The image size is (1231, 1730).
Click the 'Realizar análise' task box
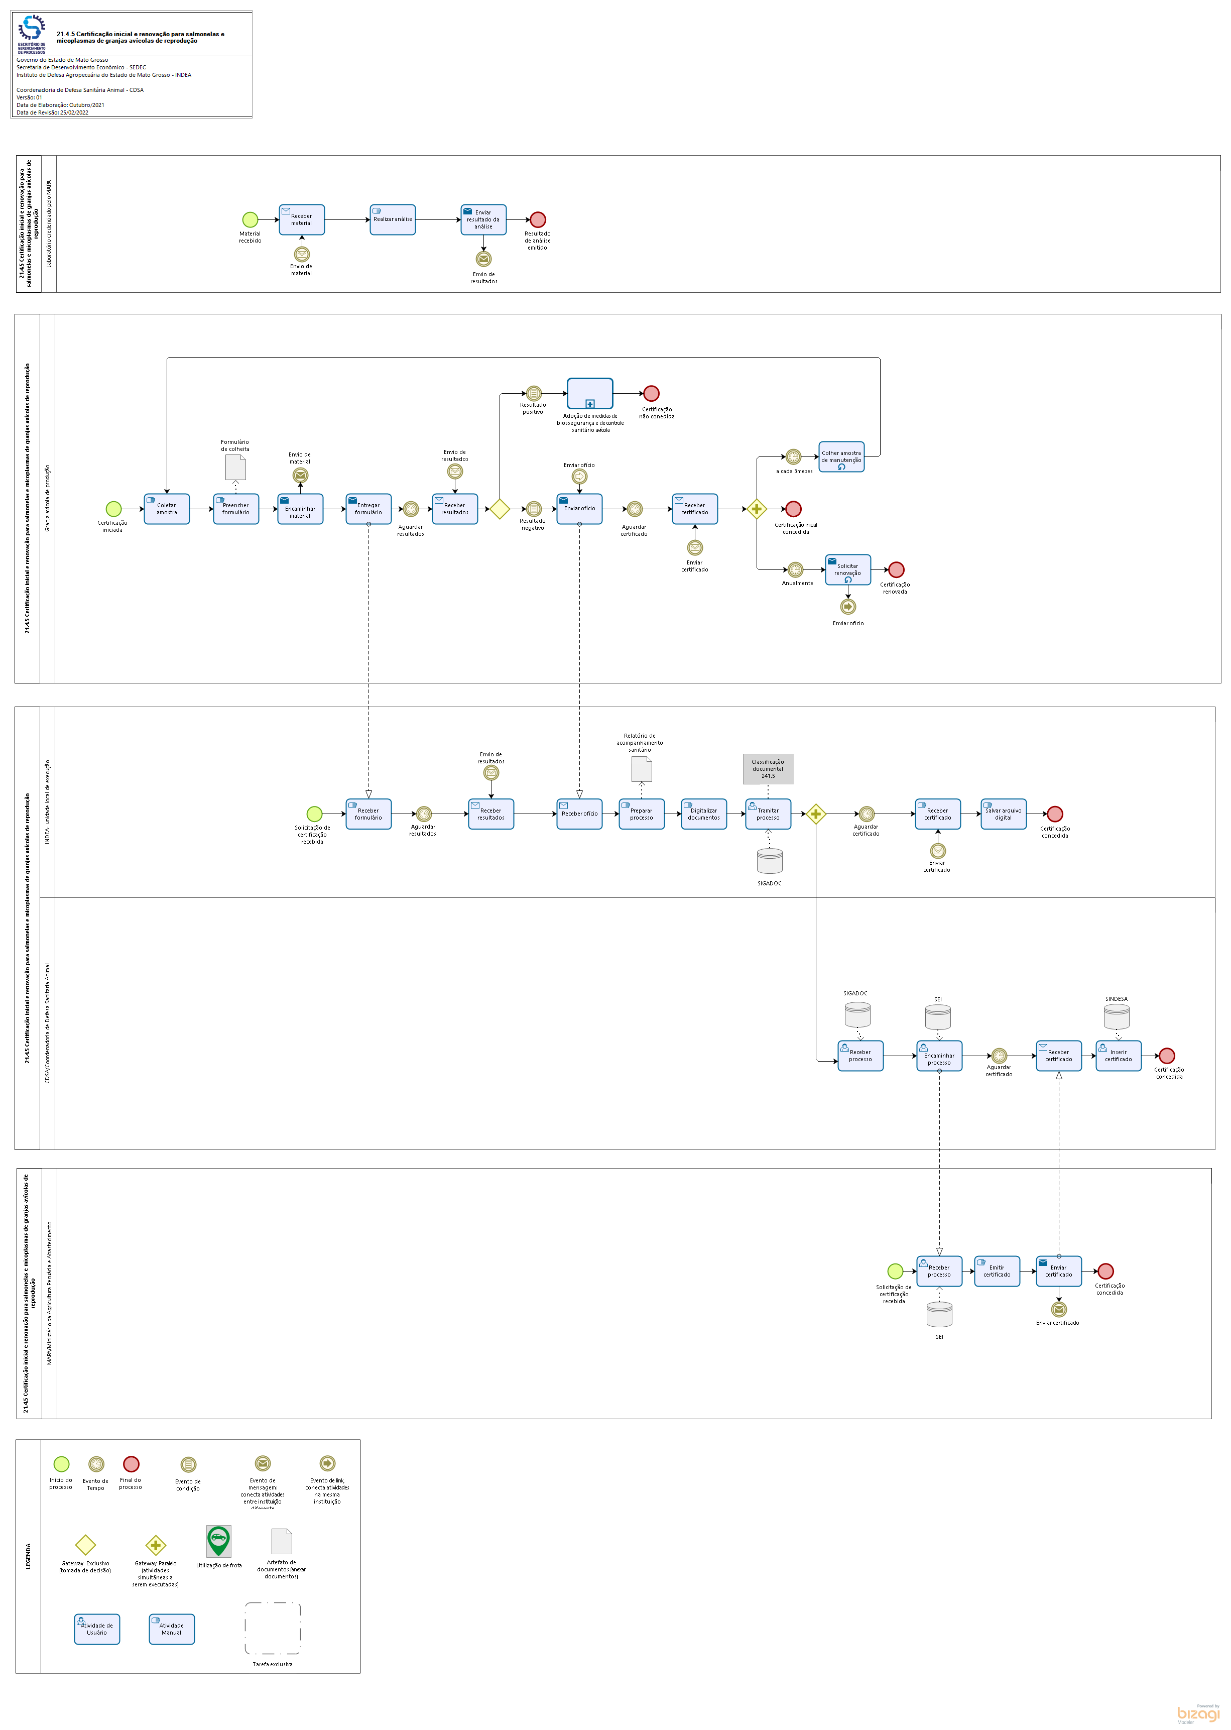(393, 220)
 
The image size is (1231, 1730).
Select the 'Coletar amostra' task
(167, 509)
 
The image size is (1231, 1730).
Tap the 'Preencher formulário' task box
(236, 509)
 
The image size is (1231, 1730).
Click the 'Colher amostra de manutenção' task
(841, 457)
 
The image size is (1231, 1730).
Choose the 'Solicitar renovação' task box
(848, 570)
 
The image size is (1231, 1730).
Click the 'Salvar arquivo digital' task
(1004, 814)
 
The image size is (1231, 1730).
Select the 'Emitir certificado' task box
(997, 1272)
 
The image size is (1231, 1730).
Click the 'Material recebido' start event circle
(250, 220)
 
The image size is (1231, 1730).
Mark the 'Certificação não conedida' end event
(651, 394)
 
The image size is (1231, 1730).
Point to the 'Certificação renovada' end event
(896, 570)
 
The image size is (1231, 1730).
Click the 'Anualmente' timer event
(795, 570)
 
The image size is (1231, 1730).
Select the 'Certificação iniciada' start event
(113, 509)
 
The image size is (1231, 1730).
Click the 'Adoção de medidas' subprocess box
(590, 394)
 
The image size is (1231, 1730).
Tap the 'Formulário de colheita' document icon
(236, 468)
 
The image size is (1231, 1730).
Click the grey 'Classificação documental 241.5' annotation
(768, 769)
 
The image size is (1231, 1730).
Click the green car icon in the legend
(219, 1541)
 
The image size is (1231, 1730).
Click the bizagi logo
(1198, 1713)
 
